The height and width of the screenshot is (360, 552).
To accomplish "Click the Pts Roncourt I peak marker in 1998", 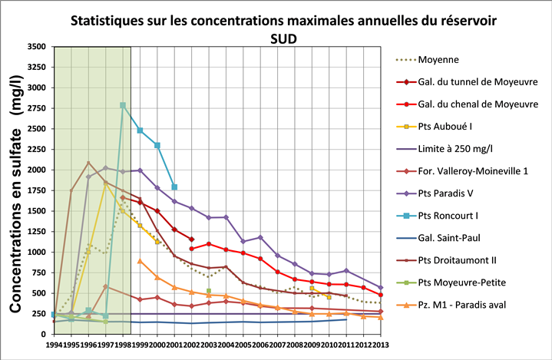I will [x=123, y=105].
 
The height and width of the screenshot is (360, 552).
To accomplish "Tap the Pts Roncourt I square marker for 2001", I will [x=174, y=187].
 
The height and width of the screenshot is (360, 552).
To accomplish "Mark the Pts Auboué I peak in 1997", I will [x=105, y=183].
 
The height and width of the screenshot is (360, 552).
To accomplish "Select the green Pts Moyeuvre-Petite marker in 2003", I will [x=209, y=291].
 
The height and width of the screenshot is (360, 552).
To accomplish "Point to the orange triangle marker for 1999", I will [x=140, y=261].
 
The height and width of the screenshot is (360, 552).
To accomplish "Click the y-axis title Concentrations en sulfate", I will [x=15, y=219].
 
